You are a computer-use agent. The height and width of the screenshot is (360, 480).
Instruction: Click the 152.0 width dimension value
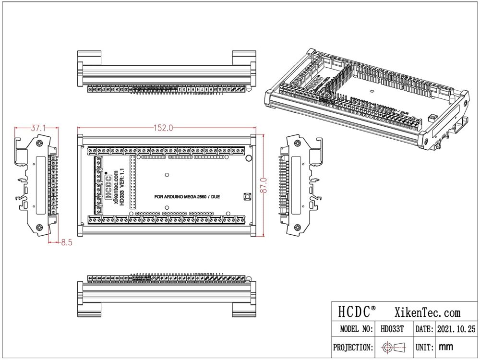pyautogui.click(x=163, y=128)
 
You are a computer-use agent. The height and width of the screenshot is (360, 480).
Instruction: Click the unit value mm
pyautogui.click(x=446, y=347)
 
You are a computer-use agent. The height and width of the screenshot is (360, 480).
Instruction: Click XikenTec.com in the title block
pyautogui.click(x=427, y=312)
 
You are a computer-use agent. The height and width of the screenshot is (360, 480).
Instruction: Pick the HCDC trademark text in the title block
pyautogui.click(x=355, y=312)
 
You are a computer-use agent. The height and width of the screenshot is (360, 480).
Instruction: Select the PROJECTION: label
pyautogui.click(x=353, y=347)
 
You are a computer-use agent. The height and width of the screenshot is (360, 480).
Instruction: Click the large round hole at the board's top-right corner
pyautogui.click(x=249, y=158)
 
